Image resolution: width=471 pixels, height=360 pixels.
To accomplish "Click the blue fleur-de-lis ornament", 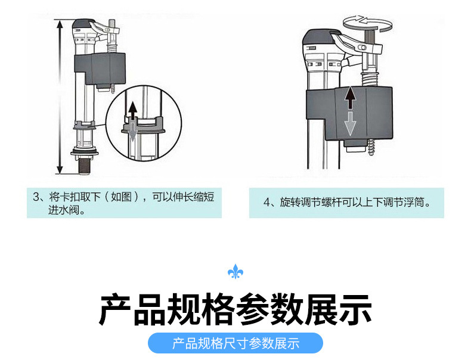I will click(x=235, y=272).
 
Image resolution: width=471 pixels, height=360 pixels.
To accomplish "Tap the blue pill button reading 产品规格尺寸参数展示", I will click(x=235, y=343).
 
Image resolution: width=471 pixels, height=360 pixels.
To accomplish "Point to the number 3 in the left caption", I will click(x=36, y=197).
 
